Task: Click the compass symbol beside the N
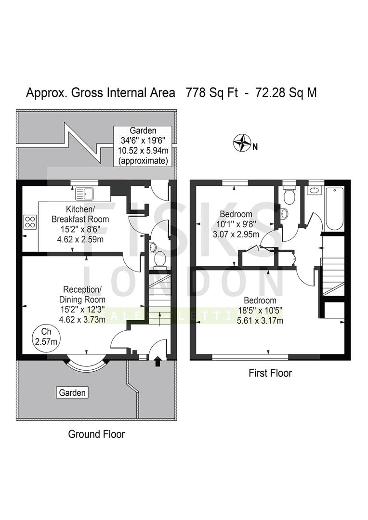(x=242, y=143)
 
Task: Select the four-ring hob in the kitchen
(x=30, y=222)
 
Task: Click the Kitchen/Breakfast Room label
(x=80, y=214)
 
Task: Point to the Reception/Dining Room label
(x=82, y=294)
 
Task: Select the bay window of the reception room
(x=87, y=365)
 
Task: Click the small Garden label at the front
(x=72, y=393)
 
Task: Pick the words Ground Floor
(x=96, y=434)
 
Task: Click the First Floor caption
(x=270, y=373)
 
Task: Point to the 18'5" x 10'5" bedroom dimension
(x=260, y=311)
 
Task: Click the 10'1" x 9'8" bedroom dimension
(x=236, y=224)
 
